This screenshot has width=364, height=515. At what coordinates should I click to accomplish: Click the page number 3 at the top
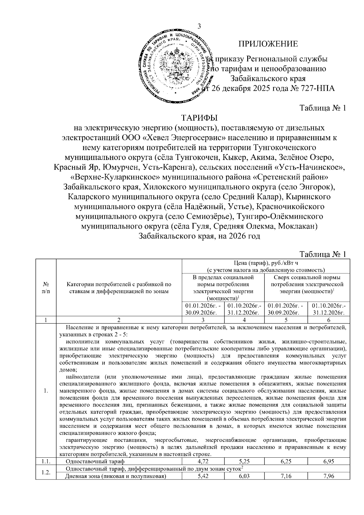(199, 26)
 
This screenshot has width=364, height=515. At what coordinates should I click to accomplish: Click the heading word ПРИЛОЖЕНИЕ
(268, 44)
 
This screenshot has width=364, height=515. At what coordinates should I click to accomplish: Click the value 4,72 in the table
(203, 462)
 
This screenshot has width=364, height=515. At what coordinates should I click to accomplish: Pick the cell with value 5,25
(244, 462)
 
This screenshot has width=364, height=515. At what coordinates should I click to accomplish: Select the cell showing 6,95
(329, 462)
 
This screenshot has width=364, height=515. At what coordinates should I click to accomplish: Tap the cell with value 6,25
(286, 462)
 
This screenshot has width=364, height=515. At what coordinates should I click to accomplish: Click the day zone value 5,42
(203, 476)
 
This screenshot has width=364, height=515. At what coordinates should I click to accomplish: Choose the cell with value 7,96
(329, 476)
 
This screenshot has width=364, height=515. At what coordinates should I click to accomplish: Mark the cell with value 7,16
(286, 476)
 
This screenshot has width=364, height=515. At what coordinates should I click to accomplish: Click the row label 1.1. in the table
(46, 462)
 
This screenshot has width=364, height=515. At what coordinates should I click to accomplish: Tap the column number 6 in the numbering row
(329, 320)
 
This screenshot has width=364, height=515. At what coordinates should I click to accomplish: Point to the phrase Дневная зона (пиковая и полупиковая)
(116, 476)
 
